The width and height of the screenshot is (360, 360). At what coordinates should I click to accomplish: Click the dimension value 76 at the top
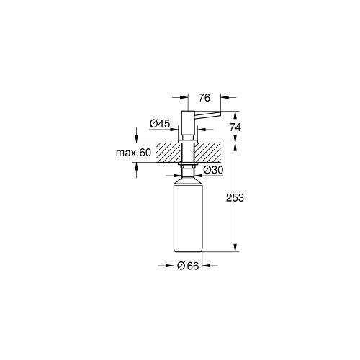point(204,98)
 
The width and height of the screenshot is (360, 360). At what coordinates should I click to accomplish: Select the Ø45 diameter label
point(160,124)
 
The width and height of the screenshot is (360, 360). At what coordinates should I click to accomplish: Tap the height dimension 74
point(235,127)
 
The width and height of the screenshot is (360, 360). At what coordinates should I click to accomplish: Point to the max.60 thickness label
point(133,153)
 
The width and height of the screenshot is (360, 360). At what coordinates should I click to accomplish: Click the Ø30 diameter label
point(213,170)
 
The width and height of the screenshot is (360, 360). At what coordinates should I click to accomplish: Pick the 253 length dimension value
point(235,198)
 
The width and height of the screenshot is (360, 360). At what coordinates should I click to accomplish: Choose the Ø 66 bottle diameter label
point(188,266)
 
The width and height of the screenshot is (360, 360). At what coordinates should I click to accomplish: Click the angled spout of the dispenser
point(207,114)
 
